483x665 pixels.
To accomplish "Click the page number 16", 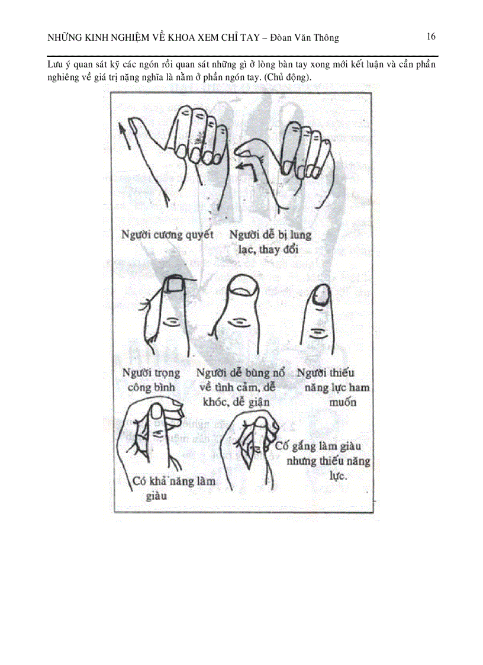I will click(x=431, y=37).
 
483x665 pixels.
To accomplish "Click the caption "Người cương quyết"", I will click(x=167, y=234).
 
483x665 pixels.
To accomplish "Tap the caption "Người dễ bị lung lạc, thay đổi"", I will click(x=270, y=242).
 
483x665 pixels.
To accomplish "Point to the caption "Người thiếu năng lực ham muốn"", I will click(x=333, y=387).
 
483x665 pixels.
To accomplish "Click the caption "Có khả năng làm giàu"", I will click(x=174, y=487).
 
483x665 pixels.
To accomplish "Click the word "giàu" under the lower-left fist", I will click(x=156, y=496).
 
